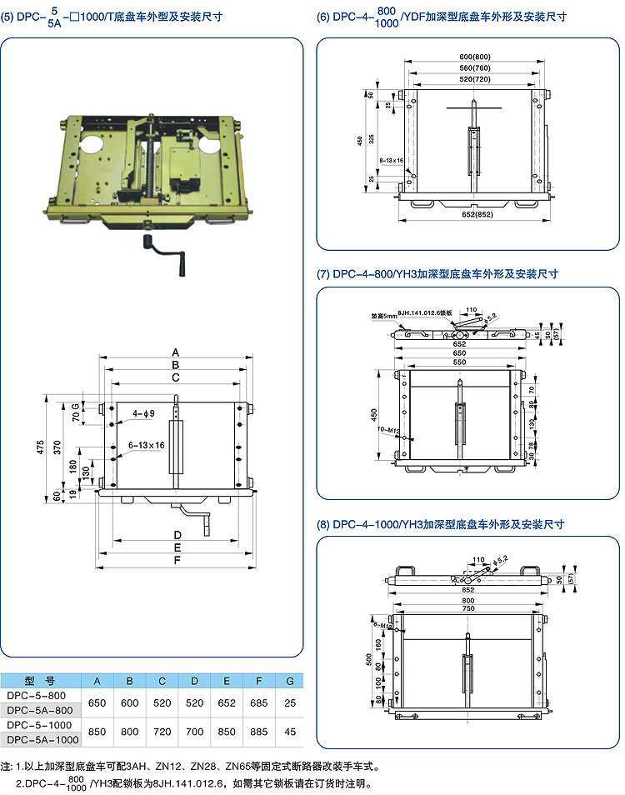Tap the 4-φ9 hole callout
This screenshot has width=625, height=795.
[x=143, y=413]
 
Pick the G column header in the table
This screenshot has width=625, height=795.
[x=289, y=679]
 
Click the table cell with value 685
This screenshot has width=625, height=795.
[x=259, y=704]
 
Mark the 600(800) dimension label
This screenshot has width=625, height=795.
[x=473, y=57]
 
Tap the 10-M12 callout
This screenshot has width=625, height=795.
[x=388, y=430]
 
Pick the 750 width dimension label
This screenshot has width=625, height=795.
[x=470, y=609]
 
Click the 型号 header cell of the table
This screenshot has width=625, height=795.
[x=39, y=679]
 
